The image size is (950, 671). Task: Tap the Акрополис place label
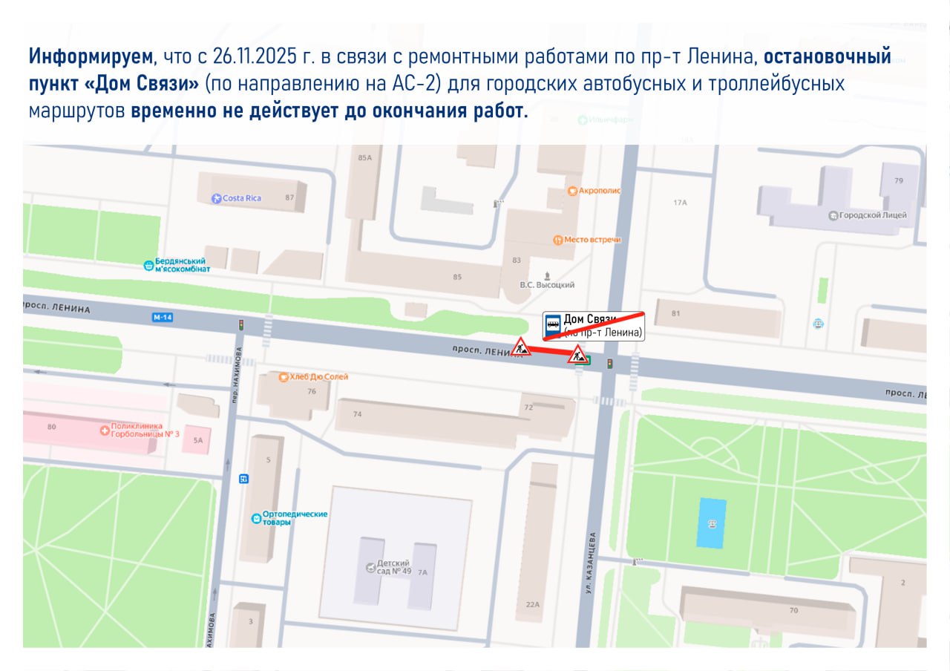(594, 191)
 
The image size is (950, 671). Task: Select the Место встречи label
(586, 240)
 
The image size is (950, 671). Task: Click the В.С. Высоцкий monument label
(547, 284)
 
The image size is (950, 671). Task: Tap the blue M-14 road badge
(162, 318)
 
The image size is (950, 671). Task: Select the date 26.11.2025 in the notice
(254, 57)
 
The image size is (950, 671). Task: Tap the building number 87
(289, 198)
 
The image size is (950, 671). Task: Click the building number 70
(793, 610)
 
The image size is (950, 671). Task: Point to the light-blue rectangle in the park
(712, 523)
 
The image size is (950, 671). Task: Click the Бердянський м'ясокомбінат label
(178, 266)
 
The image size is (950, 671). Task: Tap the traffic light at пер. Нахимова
(240, 325)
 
